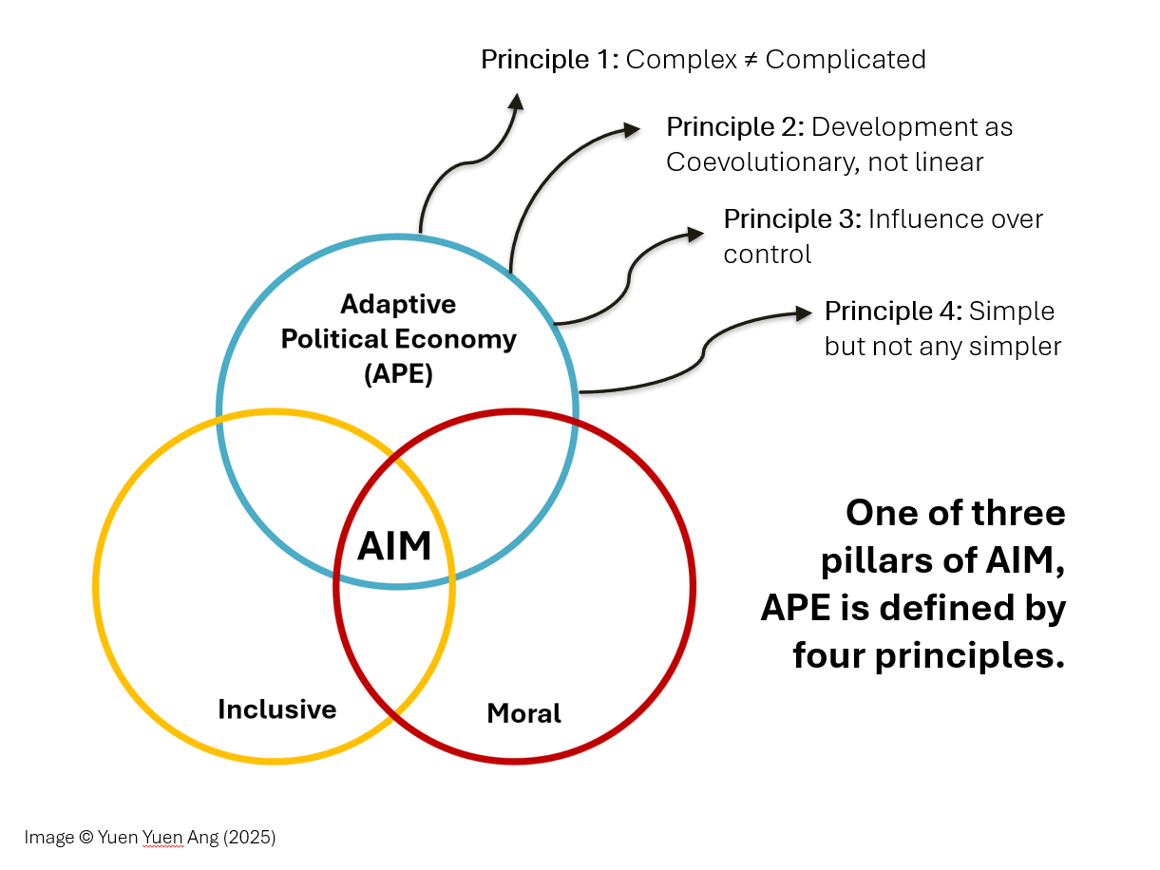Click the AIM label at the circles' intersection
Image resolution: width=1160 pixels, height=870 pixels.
tap(394, 546)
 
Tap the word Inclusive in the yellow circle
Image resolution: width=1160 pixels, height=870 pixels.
tap(276, 709)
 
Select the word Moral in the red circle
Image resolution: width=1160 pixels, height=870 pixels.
tap(523, 713)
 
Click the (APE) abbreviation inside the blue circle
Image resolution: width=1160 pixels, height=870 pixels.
tap(398, 374)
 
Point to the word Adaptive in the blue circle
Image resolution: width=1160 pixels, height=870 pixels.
tap(398, 304)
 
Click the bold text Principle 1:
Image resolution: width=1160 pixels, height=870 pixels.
tap(549, 60)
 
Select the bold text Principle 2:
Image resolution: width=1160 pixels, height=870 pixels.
tap(734, 127)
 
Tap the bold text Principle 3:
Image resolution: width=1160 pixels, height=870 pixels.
tap(792, 219)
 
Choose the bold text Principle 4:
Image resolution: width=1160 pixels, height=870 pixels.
tap(893, 312)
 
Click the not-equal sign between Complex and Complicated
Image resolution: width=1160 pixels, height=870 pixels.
tap(751, 60)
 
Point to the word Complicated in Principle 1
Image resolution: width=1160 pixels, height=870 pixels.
tap(845, 60)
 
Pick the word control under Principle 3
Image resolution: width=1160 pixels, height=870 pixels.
tap(767, 255)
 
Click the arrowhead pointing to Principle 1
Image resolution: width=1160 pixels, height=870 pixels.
tap(516, 101)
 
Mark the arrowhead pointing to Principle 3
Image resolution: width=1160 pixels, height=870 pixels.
tap(696, 233)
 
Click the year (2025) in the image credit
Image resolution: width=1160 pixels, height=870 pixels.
tap(250, 838)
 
